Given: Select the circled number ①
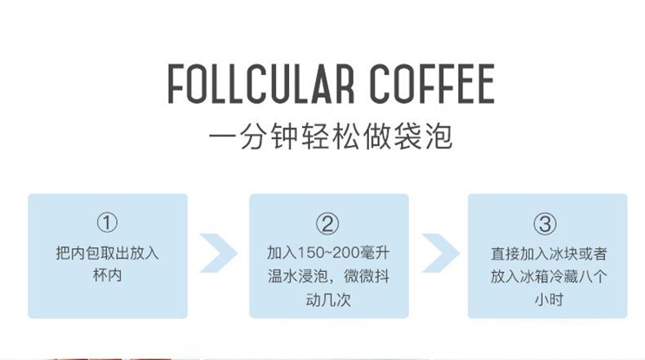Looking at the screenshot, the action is (x=107, y=223).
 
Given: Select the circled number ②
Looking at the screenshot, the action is (x=327, y=223).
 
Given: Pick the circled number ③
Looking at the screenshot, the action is (x=545, y=223).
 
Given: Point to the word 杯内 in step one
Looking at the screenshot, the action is (x=107, y=276).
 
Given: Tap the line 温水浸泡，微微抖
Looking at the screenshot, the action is (x=327, y=276).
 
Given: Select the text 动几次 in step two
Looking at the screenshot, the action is (x=327, y=300).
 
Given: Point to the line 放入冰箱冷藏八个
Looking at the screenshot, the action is (x=546, y=276).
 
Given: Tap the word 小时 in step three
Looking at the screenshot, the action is (x=546, y=300).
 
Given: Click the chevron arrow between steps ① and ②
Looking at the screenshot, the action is (x=218, y=254).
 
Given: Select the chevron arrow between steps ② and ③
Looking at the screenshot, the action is (x=438, y=254).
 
